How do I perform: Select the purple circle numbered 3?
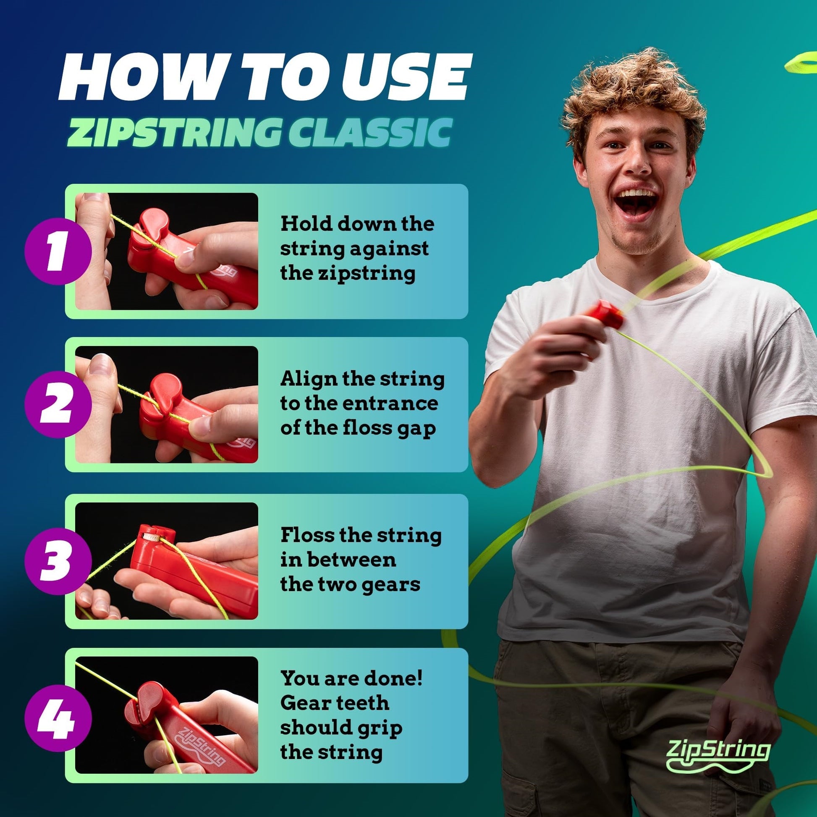pos(58,561)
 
